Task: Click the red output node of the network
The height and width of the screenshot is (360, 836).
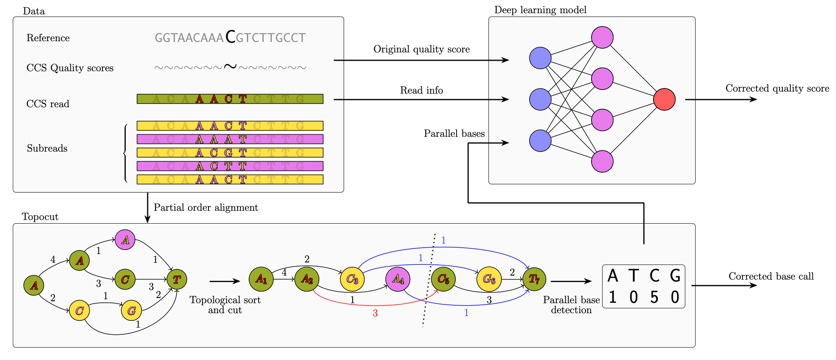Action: [664, 99]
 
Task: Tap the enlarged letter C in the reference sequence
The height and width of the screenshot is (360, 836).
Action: [230, 37]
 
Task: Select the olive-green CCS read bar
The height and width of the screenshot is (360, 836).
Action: [230, 99]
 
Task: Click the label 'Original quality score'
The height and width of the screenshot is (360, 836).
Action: [421, 49]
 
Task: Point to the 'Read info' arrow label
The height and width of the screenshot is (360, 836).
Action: [421, 90]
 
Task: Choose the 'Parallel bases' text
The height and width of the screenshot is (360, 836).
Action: [454, 134]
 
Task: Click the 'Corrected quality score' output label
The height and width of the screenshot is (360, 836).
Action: [777, 88]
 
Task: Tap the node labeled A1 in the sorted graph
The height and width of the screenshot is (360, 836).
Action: [261, 279]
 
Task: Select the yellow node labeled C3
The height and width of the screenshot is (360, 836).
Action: [352, 279]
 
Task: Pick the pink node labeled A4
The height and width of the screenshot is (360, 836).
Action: [398, 279]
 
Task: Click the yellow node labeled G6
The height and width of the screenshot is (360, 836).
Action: [489, 279]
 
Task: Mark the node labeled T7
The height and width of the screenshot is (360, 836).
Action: [534, 279]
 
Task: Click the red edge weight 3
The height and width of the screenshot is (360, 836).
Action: [375, 314]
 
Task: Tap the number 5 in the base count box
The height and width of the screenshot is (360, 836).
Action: [654, 298]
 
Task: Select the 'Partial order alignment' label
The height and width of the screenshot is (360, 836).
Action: [206, 208]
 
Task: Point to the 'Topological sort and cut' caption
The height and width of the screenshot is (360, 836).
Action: [225, 305]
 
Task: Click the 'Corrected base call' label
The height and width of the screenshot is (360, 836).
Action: [771, 276]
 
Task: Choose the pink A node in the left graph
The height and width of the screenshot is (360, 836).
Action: [125, 240]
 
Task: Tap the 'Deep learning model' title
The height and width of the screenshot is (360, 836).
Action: [540, 10]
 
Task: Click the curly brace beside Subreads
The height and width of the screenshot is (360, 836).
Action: [125, 153]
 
